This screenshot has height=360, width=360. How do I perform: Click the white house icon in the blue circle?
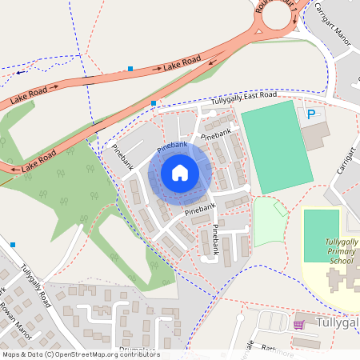point(180,172)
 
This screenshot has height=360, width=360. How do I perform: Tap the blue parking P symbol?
point(311,114)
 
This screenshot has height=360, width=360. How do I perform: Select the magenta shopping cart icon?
point(299,324)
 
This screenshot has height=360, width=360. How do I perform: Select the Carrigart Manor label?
point(331,20)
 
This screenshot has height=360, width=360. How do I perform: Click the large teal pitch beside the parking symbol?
point(275,146)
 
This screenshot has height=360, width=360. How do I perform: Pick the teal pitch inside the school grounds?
point(322,234)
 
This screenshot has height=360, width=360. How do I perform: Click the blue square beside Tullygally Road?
point(13,244)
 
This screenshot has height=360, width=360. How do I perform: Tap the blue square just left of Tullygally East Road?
point(154,103)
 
